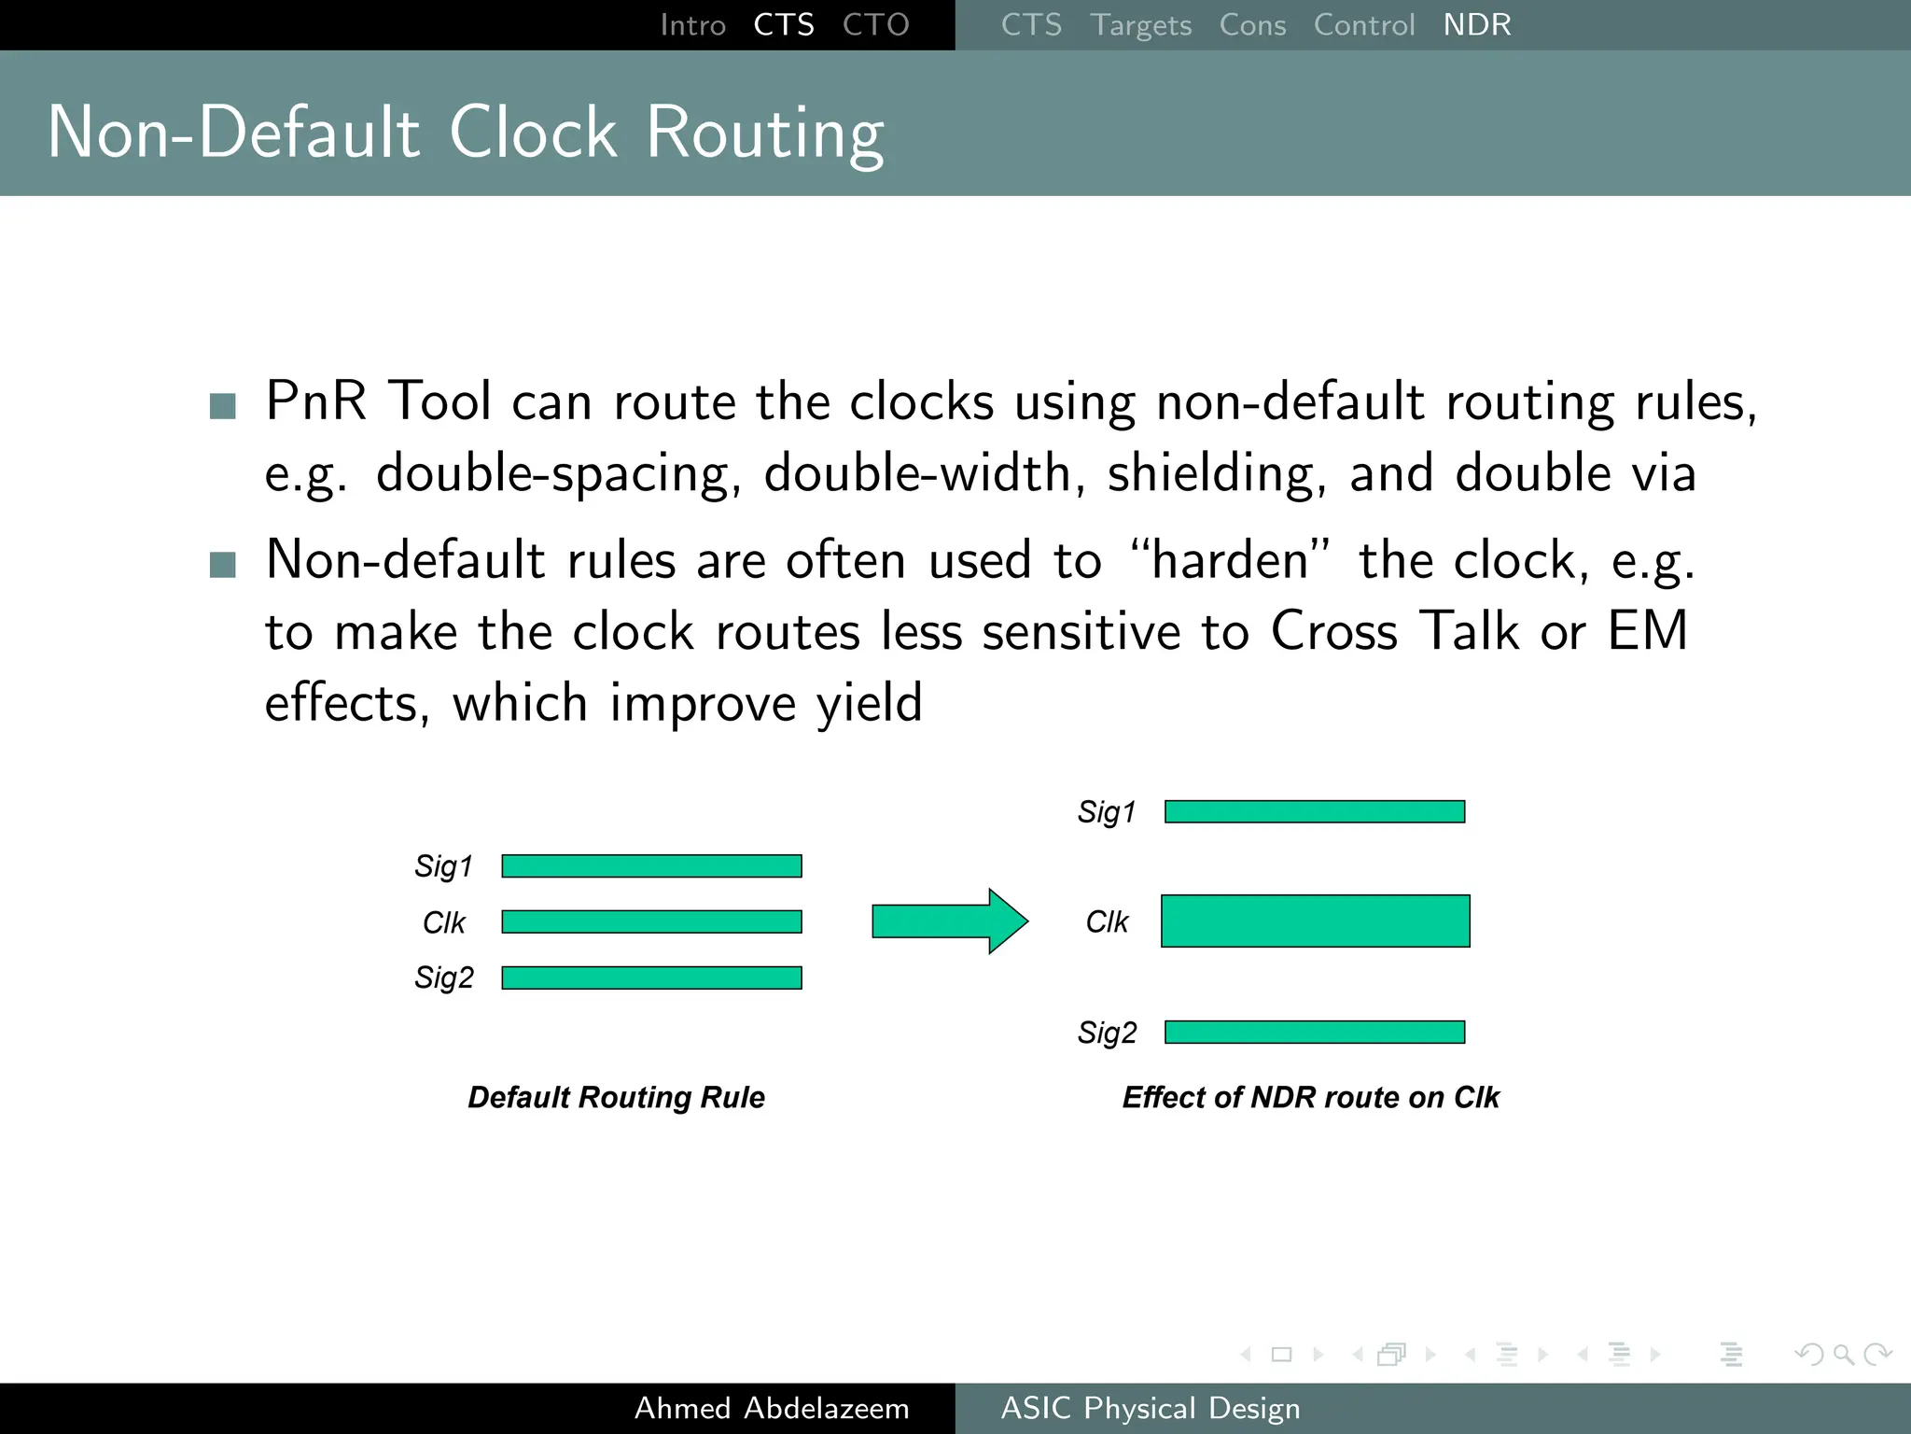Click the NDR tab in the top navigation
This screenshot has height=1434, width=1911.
(1476, 25)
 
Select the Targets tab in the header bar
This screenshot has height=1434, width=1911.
(1140, 25)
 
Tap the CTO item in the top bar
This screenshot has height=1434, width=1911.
(875, 25)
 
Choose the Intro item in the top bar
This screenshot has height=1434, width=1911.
(692, 25)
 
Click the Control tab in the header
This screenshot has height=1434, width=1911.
(1363, 25)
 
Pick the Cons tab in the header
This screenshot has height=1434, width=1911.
(1252, 25)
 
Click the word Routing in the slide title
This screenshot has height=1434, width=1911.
(764, 133)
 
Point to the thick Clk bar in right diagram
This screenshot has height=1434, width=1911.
(1315, 921)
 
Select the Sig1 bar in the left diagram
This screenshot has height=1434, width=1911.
(651, 866)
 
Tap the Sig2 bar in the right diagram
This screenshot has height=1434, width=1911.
(1315, 1032)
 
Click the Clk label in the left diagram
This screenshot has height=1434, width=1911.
(443, 922)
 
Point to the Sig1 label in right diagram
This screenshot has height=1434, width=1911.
(1107, 812)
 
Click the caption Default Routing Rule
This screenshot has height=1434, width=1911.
(616, 1097)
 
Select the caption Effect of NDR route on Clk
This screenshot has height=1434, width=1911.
(1310, 1097)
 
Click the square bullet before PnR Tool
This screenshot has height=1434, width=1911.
(223, 406)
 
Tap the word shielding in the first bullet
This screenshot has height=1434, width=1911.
(1216, 473)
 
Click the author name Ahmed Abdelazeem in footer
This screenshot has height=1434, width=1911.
(772, 1408)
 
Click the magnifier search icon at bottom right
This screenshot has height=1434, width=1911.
(1843, 1354)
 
